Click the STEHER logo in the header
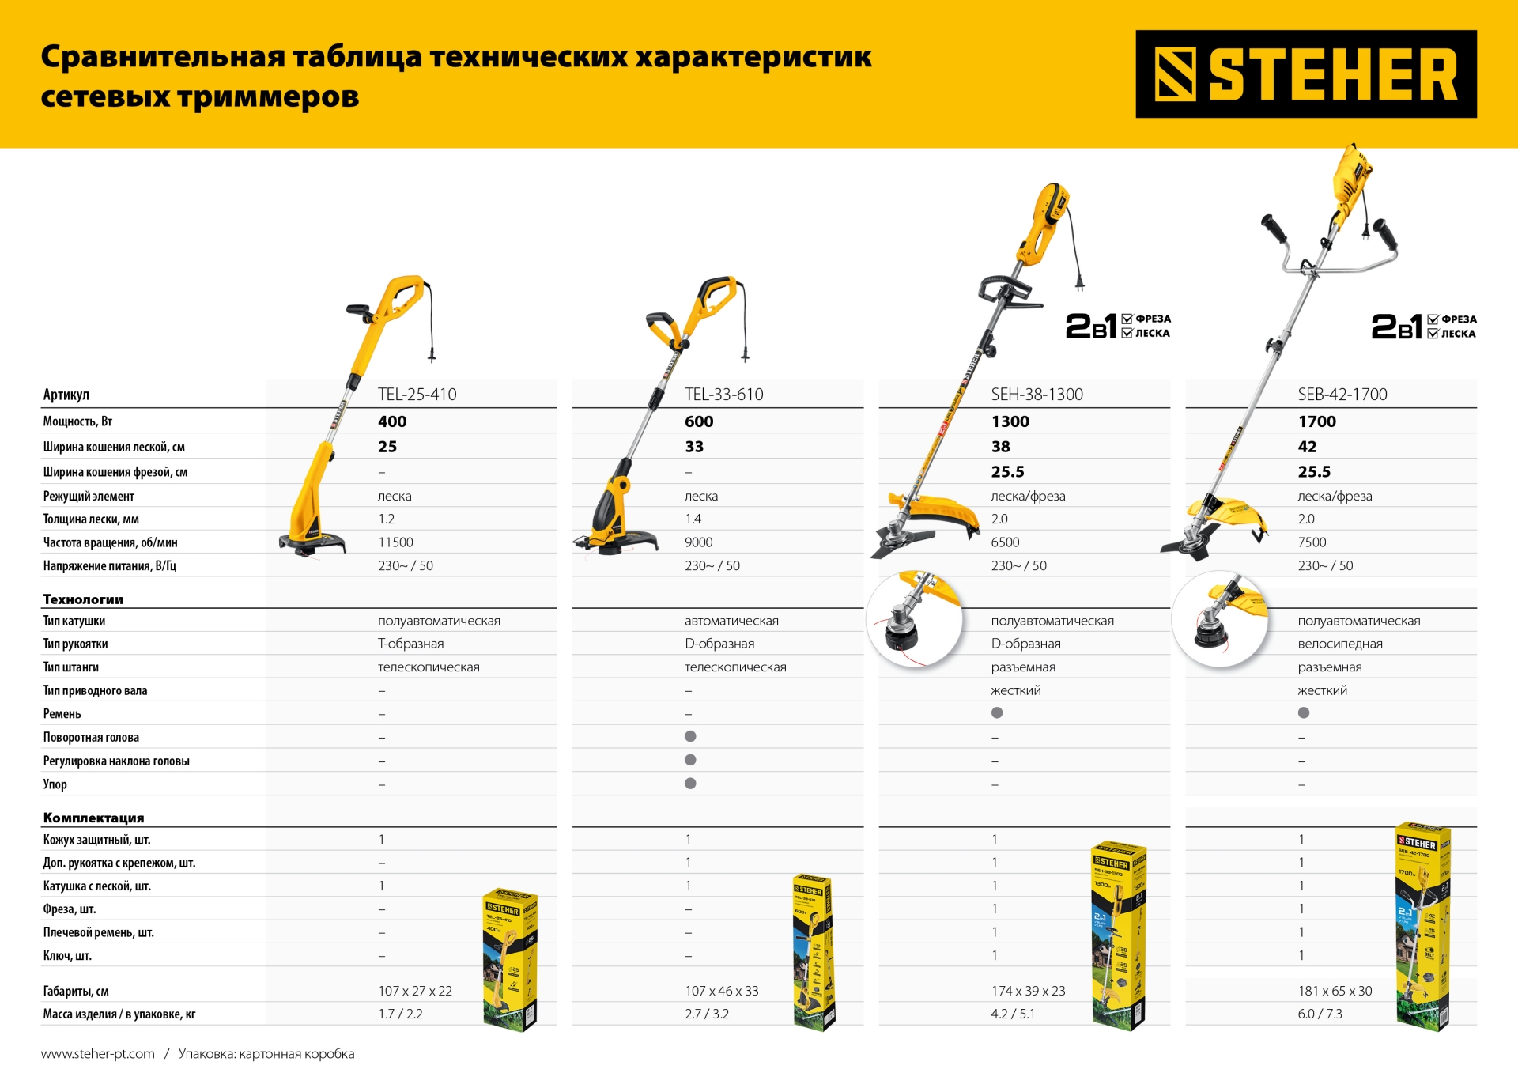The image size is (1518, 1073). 1305,74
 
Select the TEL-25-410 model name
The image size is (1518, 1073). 417,395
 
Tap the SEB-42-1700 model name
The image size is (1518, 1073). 1342,395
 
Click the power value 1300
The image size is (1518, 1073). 1010,421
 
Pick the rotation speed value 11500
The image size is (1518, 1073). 395,542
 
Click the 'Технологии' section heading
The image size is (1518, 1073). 83,599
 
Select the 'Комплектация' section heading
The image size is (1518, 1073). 93,818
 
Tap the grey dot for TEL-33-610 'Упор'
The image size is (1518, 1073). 690,784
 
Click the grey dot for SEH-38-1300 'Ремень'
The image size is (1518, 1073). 997,713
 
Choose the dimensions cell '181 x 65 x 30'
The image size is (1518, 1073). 1335,991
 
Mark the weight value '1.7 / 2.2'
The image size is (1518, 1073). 400,1014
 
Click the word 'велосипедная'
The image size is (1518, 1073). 1339,644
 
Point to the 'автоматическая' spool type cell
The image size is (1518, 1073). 731,621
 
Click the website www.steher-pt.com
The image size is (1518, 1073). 98,1053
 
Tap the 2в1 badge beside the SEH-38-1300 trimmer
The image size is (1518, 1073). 1117,326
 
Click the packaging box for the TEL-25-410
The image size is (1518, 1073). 510,959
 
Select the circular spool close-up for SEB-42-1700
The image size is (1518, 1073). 1220,619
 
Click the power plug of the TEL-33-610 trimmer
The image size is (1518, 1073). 744,353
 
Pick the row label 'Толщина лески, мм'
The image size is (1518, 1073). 91,519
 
